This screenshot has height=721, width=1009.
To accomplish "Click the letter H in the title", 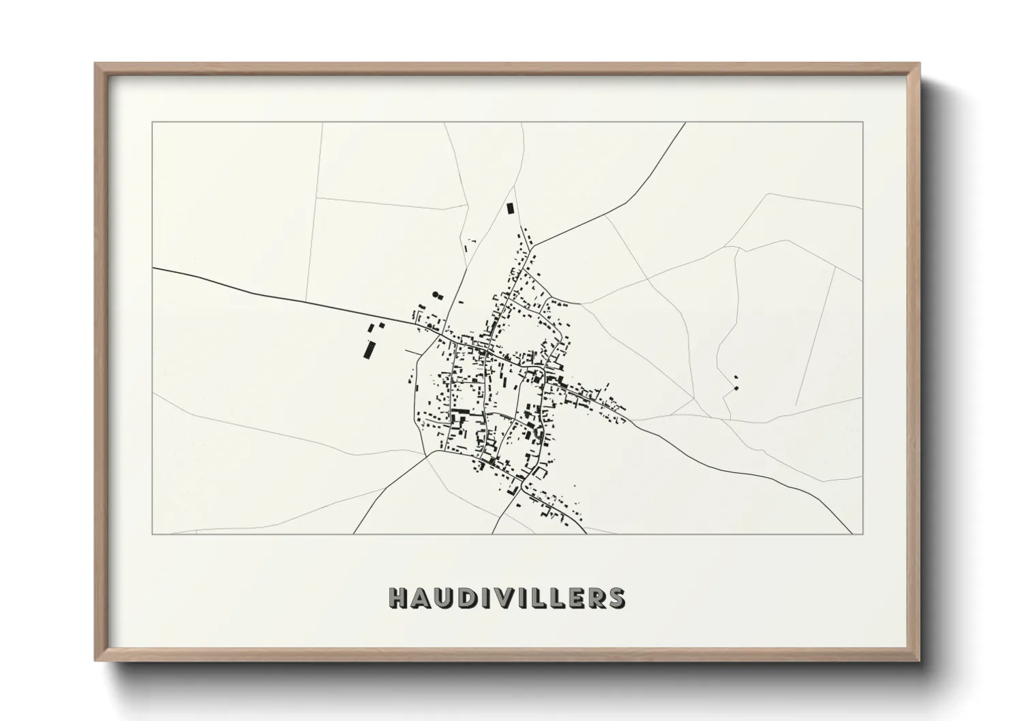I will pyautogui.click(x=398, y=598).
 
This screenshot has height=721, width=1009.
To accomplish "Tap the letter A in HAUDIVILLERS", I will pyautogui.click(x=420, y=598).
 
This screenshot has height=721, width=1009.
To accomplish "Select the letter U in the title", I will pyautogui.click(x=442, y=598).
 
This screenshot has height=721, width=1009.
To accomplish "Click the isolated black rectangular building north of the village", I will pyautogui.click(x=509, y=209).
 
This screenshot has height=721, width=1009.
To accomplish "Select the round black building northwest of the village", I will pyautogui.click(x=435, y=294).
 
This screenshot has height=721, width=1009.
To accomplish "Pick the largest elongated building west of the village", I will pyautogui.click(x=370, y=350).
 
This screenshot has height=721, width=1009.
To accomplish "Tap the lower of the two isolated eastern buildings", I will pyautogui.click(x=736, y=388).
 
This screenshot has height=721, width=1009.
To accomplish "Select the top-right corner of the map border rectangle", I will pyautogui.click(x=863, y=122).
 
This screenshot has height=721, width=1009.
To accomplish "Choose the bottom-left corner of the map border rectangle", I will pyautogui.click(x=153, y=534).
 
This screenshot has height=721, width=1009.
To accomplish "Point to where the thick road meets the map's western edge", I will pyautogui.click(x=153, y=269).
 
